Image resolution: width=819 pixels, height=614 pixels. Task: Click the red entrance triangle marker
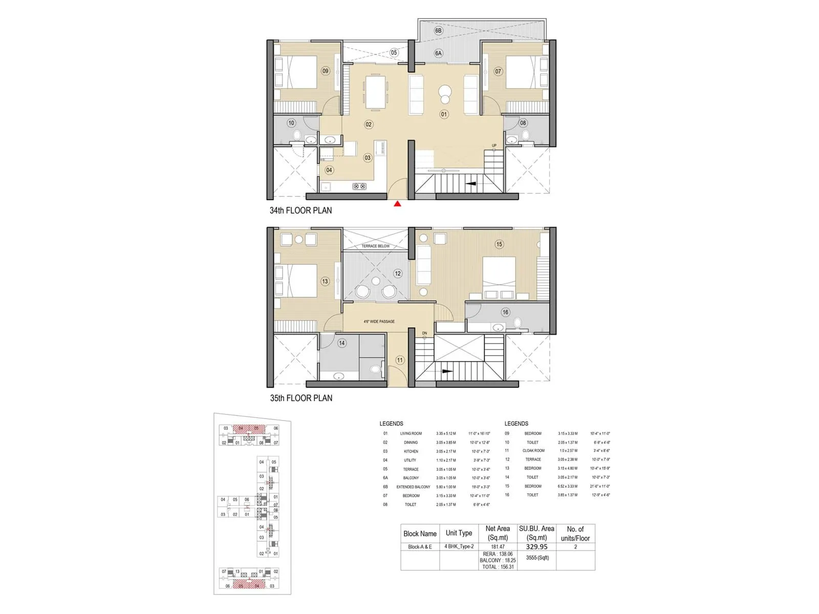click(x=397, y=204)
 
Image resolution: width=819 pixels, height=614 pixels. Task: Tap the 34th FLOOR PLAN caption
click(x=300, y=210)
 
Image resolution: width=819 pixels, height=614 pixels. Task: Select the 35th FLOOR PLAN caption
click(x=301, y=398)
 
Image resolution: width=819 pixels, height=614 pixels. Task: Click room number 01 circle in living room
click(x=444, y=114)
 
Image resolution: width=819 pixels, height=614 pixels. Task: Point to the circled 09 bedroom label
click(x=326, y=71)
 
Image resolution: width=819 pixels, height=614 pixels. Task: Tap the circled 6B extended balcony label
click(x=438, y=31)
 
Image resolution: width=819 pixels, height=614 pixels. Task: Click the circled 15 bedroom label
click(x=499, y=244)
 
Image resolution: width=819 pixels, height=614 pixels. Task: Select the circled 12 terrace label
click(x=398, y=273)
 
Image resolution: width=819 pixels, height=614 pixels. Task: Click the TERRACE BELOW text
click(x=376, y=246)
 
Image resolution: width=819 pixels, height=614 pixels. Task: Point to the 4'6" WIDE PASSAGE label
click(x=379, y=321)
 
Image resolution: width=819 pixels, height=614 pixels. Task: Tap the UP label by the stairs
click(x=494, y=145)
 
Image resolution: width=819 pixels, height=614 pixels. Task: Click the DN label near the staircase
click(x=424, y=333)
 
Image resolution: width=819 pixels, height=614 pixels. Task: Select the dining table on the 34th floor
click(x=375, y=92)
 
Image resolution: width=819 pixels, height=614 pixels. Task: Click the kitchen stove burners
click(x=359, y=186)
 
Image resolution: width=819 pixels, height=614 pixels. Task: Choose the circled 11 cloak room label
click(x=400, y=360)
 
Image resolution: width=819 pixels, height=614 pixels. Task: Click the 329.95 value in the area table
click(x=536, y=546)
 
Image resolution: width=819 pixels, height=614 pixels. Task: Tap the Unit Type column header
click(x=459, y=533)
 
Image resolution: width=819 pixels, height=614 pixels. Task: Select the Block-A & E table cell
click(x=420, y=546)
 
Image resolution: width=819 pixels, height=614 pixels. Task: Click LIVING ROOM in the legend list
click(x=411, y=433)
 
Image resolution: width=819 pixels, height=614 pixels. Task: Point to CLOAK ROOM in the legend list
click(x=533, y=451)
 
